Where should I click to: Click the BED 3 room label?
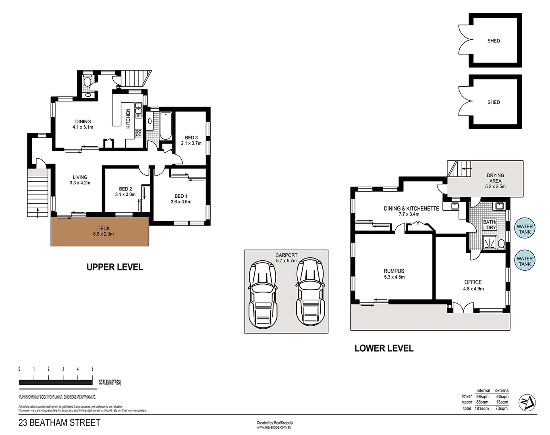tap(191, 138)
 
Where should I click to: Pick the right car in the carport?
tap(311, 292)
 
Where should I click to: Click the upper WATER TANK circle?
tap(525, 229)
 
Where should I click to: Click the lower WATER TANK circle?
tap(525, 261)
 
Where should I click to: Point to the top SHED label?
tap(494, 41)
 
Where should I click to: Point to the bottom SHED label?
tap(494, 102)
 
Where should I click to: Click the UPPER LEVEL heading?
tap(115, 267)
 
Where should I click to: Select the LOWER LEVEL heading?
tap(384, 348)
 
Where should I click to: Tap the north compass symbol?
tap(527, 402)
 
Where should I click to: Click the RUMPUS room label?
tap(394, 271)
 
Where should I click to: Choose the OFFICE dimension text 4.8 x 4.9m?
tap(473, 289)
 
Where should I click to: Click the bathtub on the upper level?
tap(166, 126)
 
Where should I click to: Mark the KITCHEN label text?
tap(129, 118)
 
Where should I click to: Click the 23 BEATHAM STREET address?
tap(59, 423)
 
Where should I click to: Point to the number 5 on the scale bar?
tap(92, 369)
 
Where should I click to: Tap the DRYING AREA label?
tap(495, 178)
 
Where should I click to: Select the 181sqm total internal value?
tap(482, 408)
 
